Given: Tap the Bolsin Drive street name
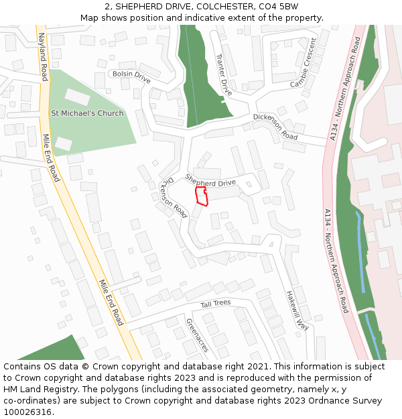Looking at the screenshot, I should [x=131, y=76].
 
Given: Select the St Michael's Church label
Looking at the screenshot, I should [x=87, y=113].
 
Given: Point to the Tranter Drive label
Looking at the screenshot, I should [x=222, y=74].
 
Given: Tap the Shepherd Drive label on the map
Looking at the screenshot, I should [x=210, y=182].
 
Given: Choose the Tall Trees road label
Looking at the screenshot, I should [x=216, y=304].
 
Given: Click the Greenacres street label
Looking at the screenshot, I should [x=198, y=335].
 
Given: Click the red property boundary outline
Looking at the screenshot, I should [x=201, y=196].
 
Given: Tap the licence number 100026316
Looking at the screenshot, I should [x=27, y=412].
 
